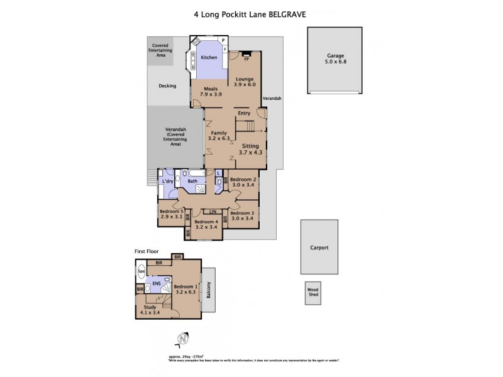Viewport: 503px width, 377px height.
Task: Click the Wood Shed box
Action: [312, 295]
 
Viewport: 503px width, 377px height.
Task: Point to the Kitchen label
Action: [209, 58]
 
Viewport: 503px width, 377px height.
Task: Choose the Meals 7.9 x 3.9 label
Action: [211, 92]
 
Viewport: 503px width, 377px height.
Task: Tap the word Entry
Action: [244, 113]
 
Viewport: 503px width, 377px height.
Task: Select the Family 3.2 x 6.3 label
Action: [218, 136]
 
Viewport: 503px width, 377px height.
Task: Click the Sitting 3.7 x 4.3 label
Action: [250, 148]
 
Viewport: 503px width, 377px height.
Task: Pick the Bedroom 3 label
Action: [242, 215]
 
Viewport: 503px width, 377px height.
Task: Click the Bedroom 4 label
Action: [206, 225]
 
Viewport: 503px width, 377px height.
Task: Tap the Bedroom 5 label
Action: [171, 214]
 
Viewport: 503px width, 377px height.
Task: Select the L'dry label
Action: [167, 182]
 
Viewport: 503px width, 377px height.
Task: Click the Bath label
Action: [192, 183]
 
